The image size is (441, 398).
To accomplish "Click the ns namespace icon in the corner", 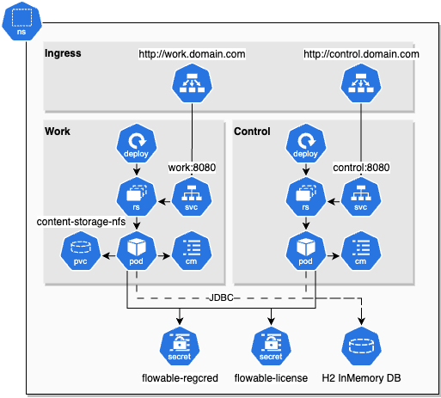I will click(21, 20).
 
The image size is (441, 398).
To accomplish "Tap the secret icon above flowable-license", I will click(271, 346).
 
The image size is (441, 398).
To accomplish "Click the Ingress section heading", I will click(63, 53).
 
